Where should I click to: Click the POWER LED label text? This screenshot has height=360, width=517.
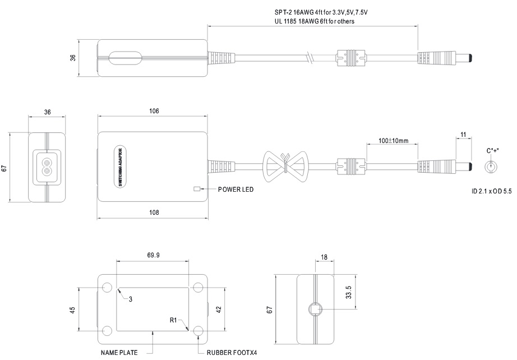click(236, 190)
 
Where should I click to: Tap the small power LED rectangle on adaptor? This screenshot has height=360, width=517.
click(197, 189)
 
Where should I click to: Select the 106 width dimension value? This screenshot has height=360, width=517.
click(154, 111)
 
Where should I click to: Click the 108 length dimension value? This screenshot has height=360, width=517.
click(154, 212)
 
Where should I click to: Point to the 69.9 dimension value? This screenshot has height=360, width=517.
click(153, 255)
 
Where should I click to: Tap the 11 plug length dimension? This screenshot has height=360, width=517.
click(463, 135)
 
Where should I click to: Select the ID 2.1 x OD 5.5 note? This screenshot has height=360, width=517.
click(491, 192)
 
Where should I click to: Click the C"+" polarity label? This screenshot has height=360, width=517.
click(493, 151)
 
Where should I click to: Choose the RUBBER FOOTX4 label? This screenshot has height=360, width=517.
click(232, 353)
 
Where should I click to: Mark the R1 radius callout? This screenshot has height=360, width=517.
click(174, 320)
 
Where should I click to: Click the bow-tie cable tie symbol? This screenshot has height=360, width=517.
click(285, 165)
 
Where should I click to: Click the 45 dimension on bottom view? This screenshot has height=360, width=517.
click(72, 311)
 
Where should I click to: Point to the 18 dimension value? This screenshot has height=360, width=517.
click(324, 257)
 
